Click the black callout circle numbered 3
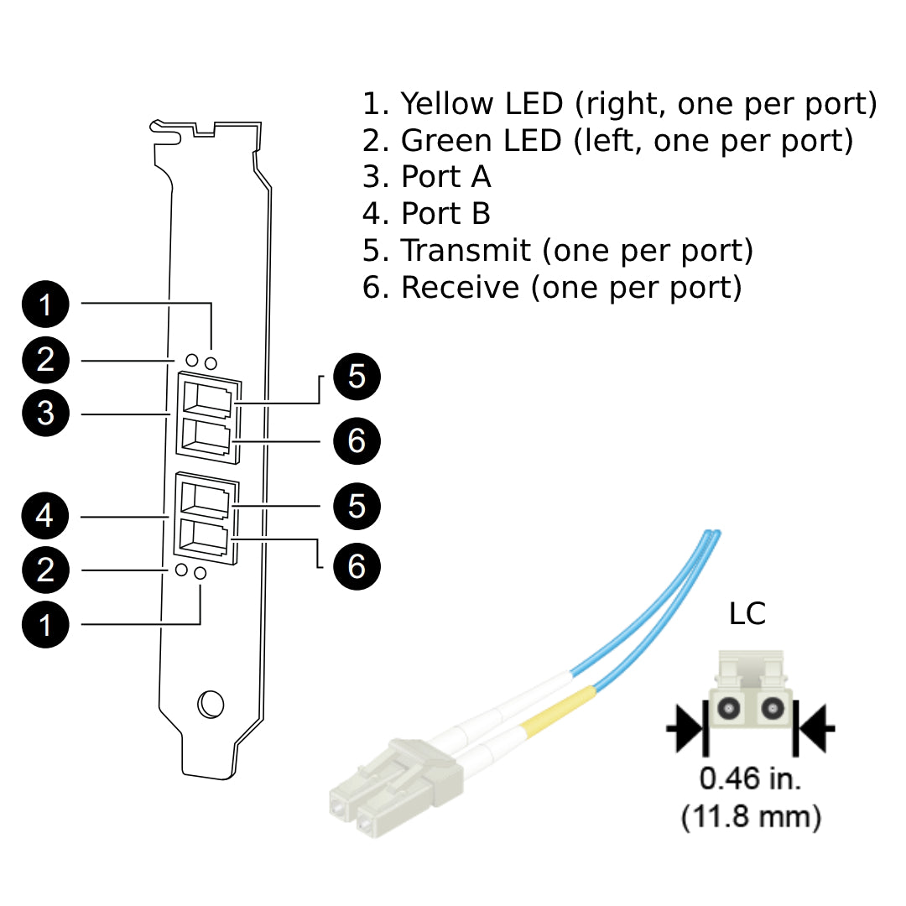[45, 414]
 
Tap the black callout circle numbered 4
[45, 515]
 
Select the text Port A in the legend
[445, 177]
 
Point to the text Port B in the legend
[445, 214]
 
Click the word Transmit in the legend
[466, 251]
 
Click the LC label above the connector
[747, 614]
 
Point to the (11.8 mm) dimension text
[751, 815]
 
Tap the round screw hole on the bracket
[210, 704]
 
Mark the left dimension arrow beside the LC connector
[685, 728]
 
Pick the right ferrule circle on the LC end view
[770, 709]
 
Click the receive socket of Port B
[205, 535]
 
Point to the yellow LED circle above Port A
[211, 362]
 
